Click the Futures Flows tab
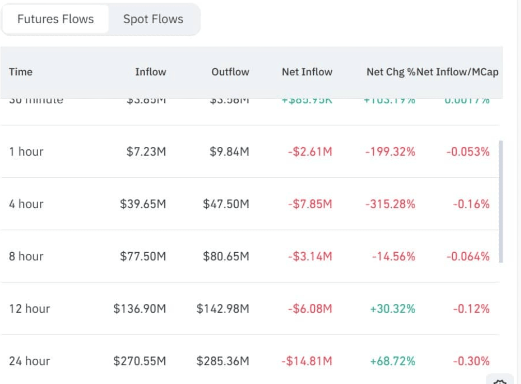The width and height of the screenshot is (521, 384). [x=55, y=19]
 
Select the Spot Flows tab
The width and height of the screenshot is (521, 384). [x=153, y=19]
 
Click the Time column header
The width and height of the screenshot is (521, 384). [x=21, y=72]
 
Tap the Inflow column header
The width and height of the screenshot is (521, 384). [x=150, y=72]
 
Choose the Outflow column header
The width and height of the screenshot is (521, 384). [x=230, y=72]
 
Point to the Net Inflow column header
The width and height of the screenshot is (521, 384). [x=307, y=72]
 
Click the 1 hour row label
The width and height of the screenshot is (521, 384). [x=26, y=151]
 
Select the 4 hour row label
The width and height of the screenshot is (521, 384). [x=26, y=204]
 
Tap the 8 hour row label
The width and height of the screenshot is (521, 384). [x=26, y=256]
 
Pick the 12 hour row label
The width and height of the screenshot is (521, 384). [x=29, y=309]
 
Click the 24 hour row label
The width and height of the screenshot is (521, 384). [x=29, y=361]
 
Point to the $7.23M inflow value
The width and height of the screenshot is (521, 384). [x=146, y=151]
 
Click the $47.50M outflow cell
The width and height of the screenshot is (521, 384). [x=226, y=204]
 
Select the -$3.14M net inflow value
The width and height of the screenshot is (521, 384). [x=310, y=256]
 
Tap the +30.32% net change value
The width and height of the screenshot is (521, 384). [x=392, y=309]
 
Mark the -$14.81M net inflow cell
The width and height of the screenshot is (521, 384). [x=307, y=361]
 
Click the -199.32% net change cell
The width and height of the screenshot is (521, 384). [x=390, y=151]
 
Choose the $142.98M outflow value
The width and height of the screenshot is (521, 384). [x=223, y=309]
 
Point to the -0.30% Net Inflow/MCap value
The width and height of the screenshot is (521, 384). [x=471, y=361]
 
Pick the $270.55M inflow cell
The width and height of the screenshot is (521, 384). [x=140, y=361]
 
